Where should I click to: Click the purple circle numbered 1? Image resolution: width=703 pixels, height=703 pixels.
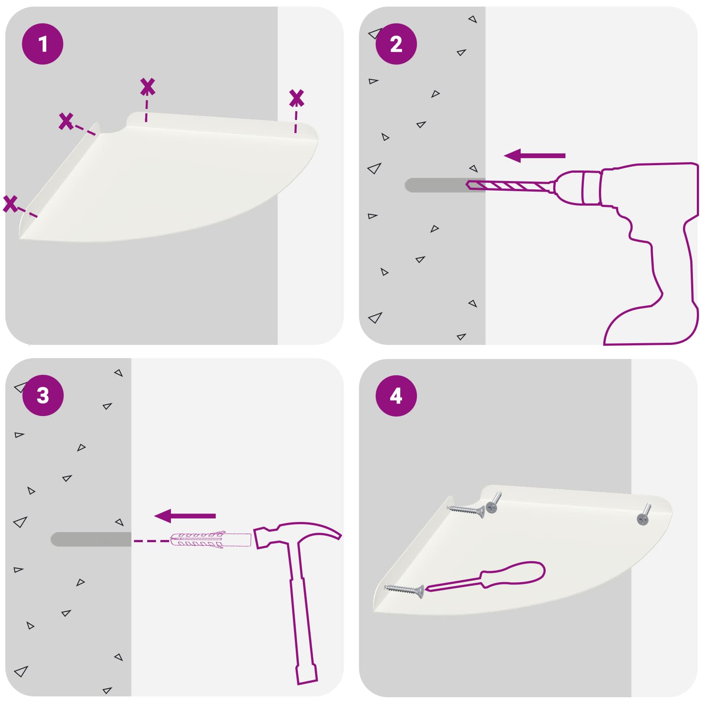pos(43,44)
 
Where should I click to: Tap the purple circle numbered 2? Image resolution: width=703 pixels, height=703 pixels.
pos(396,44)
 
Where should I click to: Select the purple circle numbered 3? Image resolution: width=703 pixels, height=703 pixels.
pos(43,395)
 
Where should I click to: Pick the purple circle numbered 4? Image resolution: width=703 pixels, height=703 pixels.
pos(396,396)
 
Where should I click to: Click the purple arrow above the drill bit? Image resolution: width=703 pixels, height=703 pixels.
pos(534,156)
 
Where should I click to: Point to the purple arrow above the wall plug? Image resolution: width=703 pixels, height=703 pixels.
pos(185,516)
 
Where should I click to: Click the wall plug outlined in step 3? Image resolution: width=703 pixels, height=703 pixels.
pos(210,540)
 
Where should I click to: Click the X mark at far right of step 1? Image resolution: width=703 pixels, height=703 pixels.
pos(297,98)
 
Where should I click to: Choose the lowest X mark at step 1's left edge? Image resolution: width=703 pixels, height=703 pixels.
pos(10,203)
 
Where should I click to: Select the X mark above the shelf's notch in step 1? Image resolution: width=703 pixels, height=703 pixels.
pos(148,87)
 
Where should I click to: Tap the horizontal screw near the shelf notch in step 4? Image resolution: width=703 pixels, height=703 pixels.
pos(466,510)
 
